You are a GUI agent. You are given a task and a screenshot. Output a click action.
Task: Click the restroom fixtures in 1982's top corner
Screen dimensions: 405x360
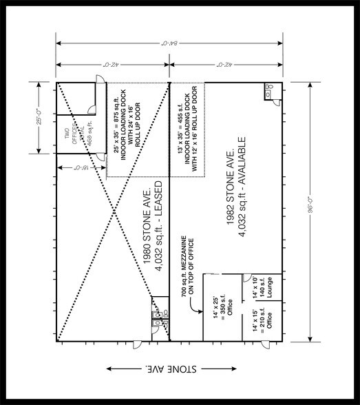(x=268, y=90)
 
